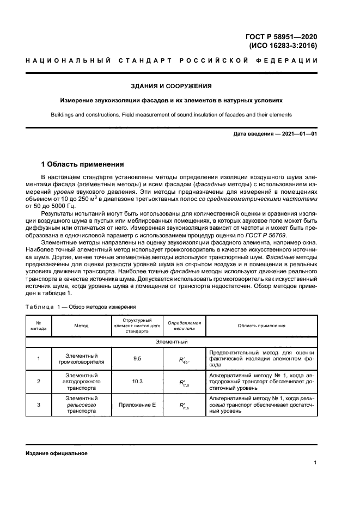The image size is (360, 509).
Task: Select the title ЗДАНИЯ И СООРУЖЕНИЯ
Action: coord(171,86)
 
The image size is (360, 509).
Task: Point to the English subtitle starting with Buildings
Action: coord(171,115)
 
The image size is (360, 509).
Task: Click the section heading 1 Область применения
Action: coord(83,164)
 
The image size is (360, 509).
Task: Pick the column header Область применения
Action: coord(261,326)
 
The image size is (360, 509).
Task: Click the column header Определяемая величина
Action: coord(184,326)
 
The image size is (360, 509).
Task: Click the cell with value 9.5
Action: coord(137,359)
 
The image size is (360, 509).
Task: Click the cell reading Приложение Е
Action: coord(137,404)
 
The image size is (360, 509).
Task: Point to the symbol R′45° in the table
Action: coord(184,359)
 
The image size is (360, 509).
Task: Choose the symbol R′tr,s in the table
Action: coord(184,382)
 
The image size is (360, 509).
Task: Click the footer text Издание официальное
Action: coord(56,453)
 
